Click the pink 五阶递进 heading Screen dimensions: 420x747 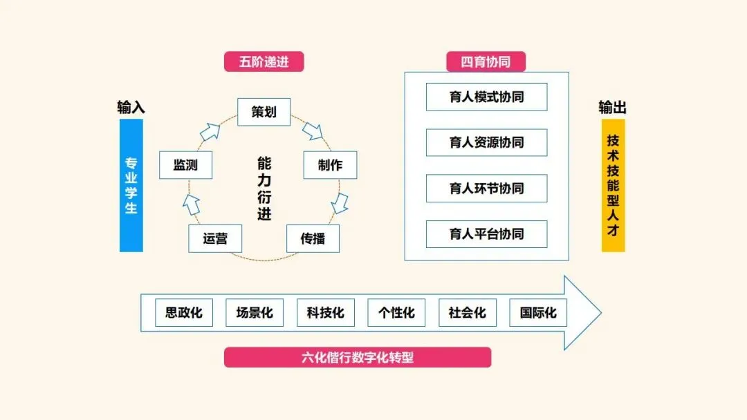(x=264, y=61)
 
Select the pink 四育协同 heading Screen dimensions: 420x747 (x=486, y=61)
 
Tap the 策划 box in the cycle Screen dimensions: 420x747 (x=264, y=112)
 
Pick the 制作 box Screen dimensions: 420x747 (x=330, y=165)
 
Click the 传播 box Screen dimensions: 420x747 (x=313, y=238)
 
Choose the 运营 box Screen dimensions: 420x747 (x=215, y=238)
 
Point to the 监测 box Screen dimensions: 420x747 (x=185, y=165)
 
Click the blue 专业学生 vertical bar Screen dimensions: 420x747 (x=131, y=185)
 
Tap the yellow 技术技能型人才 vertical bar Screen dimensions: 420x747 (x=613, y=185)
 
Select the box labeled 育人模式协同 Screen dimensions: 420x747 (x=486, y=97)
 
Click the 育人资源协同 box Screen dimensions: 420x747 (x=486, y=143)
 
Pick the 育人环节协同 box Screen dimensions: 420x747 (x=486, y=189)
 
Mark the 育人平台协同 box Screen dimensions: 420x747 (x=486, y=234)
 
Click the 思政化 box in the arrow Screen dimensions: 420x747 (x=184, y=313)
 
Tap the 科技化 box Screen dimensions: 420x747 (x=325, y=313)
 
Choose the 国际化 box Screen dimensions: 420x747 (x=538, y=313)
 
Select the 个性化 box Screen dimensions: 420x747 (x=396, y=313)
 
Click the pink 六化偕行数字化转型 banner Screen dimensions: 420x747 (x=358, y=357)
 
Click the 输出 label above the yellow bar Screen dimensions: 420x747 (x=613, y=107)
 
